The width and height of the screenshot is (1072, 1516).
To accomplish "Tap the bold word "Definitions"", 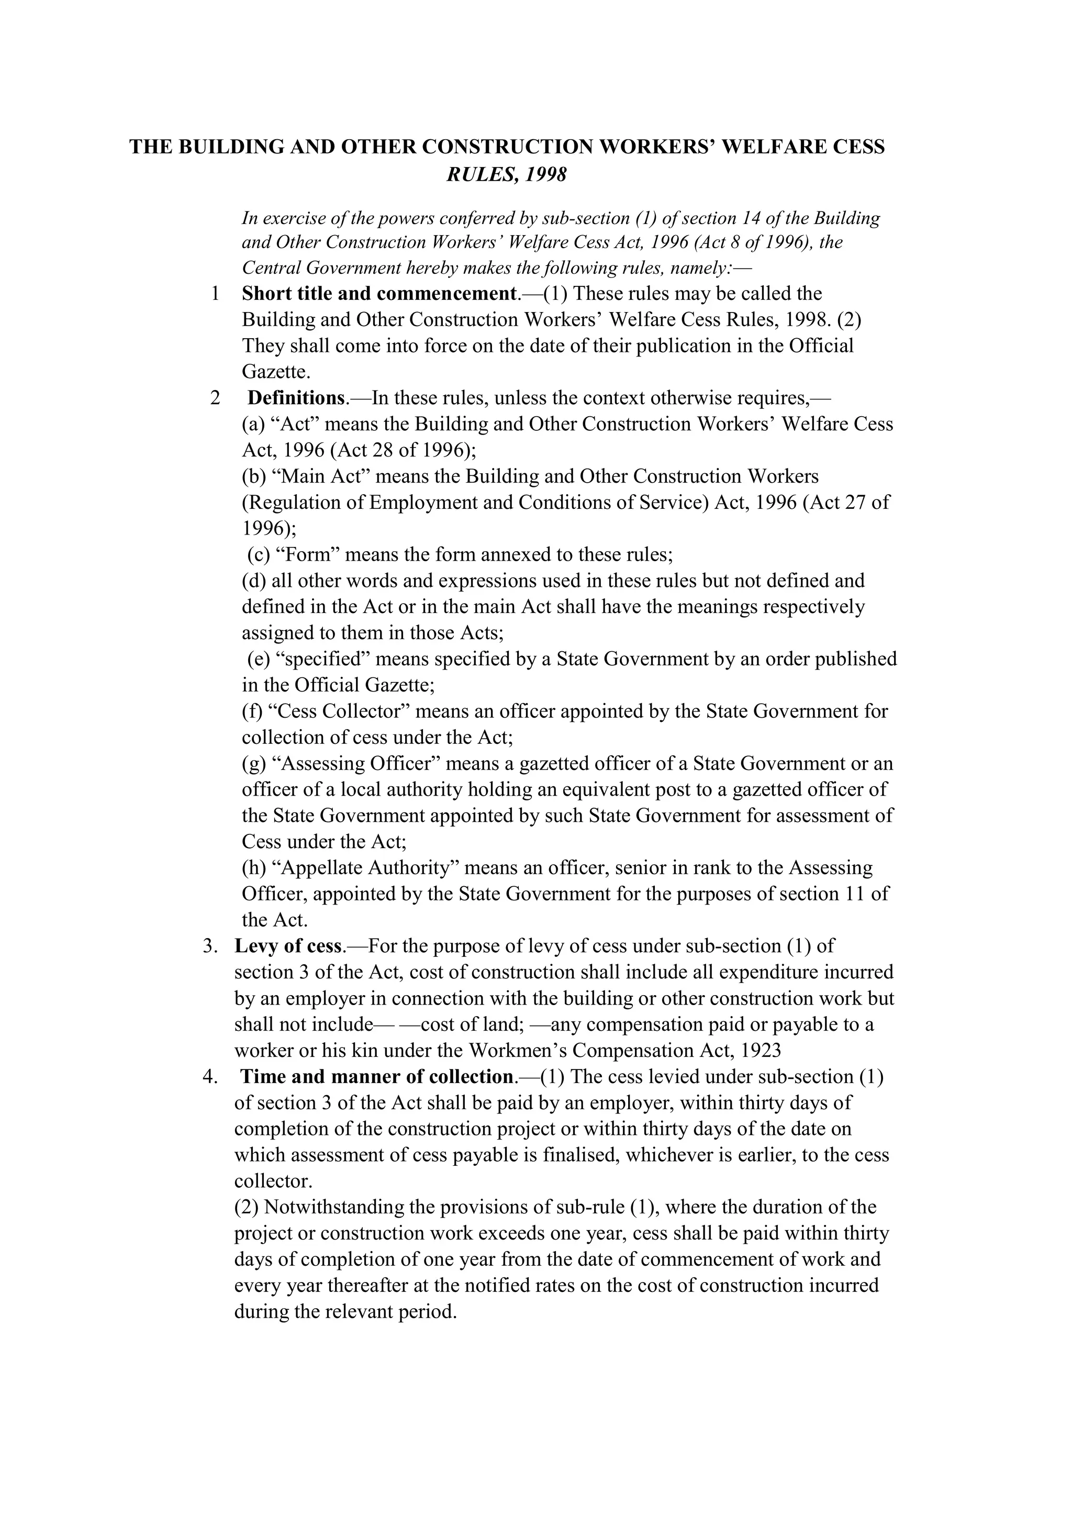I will [x=296, y=398].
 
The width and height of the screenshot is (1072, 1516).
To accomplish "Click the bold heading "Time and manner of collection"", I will [x=376, y=1077].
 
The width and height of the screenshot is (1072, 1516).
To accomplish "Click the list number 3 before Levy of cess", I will [x=209, y=946].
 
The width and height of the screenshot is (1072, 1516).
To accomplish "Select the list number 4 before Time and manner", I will [x=209, y=1077].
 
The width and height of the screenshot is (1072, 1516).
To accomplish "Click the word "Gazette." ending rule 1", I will [x=276, y=372].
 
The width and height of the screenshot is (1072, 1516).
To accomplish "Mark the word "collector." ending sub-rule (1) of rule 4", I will [x=273, y=1181].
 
